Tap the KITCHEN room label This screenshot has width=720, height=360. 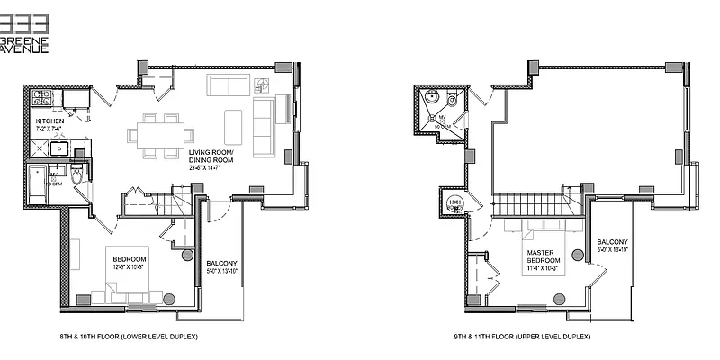click(50, 121)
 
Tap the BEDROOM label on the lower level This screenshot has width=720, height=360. click(126, 259)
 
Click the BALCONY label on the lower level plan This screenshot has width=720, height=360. click(220, 263)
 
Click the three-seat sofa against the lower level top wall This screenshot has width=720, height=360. click(229, 85)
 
